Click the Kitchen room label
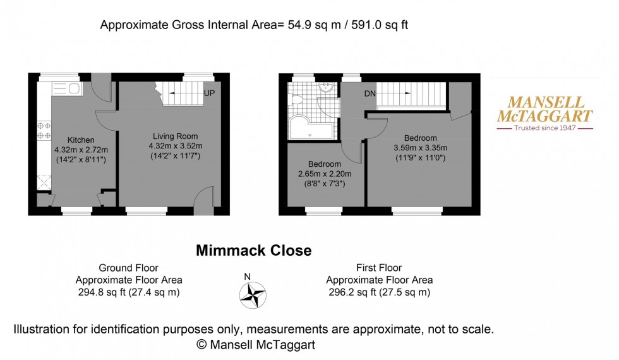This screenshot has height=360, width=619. coord(81,140)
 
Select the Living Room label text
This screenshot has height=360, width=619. coord(176,136)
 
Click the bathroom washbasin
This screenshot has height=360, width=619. coord(327,88)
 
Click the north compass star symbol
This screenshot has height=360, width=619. coord(252,294)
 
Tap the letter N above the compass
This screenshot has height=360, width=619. coord(248,276)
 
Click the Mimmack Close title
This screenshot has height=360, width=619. coord(253,251)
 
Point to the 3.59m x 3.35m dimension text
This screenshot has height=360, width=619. coord(418,148)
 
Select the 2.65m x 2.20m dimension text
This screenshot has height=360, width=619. coord(324,174)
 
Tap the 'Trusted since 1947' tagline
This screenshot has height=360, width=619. coord(544,128)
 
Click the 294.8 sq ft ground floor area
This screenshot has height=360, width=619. coord(129,292)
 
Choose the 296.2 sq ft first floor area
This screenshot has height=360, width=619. coord(379,292)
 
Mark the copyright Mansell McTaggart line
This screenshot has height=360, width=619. coord(255,344)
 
